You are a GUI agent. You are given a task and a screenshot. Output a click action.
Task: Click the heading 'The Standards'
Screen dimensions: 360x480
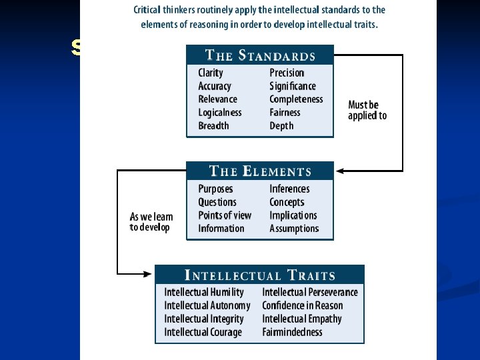tap(260, 55)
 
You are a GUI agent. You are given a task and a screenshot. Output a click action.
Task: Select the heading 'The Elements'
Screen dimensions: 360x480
tap(260, 171)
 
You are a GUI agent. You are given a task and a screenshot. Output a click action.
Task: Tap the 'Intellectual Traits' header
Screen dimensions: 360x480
tap(260, 275)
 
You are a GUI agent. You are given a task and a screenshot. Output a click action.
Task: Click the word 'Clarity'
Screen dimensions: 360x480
tap(211, 73)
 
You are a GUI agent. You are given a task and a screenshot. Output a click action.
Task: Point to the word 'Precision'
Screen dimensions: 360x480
tap(287, 73)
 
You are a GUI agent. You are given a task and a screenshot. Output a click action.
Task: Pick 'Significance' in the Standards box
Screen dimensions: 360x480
tap(293, 86)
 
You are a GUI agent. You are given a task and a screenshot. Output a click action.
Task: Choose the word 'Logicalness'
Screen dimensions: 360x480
tap(220, 113)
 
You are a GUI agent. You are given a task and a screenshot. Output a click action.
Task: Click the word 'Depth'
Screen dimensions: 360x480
tap(281, 126)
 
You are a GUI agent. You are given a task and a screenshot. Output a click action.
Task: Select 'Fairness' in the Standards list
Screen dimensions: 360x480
tap(285, 113)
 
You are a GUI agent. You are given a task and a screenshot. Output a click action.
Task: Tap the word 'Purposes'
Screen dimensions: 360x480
tap(216, 189)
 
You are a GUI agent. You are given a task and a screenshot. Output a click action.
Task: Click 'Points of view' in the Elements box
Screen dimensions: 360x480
tap(225, 215)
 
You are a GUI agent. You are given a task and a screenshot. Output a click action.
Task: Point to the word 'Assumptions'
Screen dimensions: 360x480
tap(294, 229)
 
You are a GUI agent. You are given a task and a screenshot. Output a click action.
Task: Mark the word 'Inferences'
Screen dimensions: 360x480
tap(289, 189)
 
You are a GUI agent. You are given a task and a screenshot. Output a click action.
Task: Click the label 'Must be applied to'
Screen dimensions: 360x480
tap(367, 110)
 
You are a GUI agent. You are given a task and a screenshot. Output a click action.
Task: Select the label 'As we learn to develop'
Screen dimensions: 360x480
tap(151, 222)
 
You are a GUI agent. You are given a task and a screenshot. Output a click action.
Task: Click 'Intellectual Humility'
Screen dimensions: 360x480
tap(204, 292)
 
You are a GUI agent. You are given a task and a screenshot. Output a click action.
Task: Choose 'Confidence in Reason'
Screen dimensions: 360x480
tap(303, 305)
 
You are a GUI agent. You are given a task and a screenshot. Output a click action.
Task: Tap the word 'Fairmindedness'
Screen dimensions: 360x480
tap(292, 332)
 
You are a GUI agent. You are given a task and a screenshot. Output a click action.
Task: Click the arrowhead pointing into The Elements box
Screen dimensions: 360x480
tap(339, 171)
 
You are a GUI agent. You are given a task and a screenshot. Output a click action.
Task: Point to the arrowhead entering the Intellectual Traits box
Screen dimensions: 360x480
tap(150, 273)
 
